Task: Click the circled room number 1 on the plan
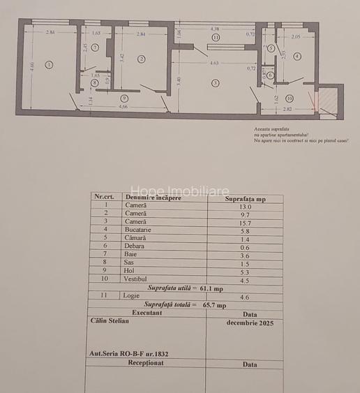coord(48,65)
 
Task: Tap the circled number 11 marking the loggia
coord(216,37)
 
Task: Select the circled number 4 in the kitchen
coord(297,56)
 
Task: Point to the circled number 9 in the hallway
coord(124,98)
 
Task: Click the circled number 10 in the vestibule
coord(289,98)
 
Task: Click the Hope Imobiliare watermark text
coord(179,191)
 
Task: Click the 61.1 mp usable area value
coord(211,288)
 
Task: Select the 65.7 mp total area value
coord(213,304)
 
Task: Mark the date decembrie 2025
coord(250,323)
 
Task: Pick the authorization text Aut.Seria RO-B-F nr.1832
coord(130,354)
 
